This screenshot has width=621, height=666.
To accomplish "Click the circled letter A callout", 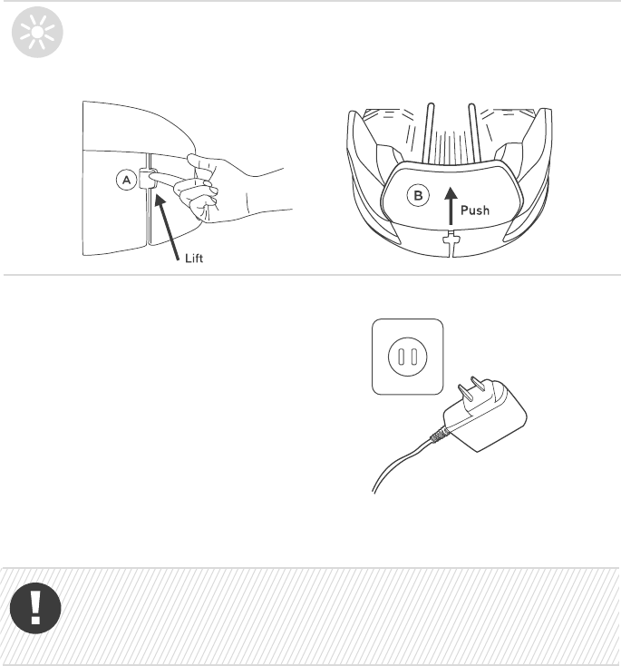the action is [x=127, y=180].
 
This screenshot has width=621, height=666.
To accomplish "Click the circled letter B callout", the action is [x=418, y=196].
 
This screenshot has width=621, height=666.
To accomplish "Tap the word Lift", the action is [x=194, y=259].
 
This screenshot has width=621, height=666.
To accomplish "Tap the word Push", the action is [x=475, y=211].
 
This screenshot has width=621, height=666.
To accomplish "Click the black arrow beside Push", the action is [x=451, y=207].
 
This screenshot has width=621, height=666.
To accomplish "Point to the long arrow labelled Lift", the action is [x=167, y=227].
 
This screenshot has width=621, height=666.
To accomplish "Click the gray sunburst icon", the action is [x=37, y=33].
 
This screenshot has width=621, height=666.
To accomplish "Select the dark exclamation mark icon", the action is [x=35, y=608].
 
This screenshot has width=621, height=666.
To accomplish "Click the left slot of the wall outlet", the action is [x=401, y=357].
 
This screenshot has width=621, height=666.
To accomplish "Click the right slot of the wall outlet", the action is [x=414, y=357].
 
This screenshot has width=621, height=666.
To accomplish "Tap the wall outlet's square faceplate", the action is [x=407, y=357].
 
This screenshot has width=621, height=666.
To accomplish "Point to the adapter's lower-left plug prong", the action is [x=465, y=393].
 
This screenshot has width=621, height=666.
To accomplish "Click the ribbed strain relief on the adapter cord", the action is [x=439, y=435].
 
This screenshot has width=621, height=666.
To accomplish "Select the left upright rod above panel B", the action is [x=429, y=132].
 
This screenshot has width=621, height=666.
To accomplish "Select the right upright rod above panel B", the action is [x=475, y=132].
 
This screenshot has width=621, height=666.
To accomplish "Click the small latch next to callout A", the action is [x=147, y=179].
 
